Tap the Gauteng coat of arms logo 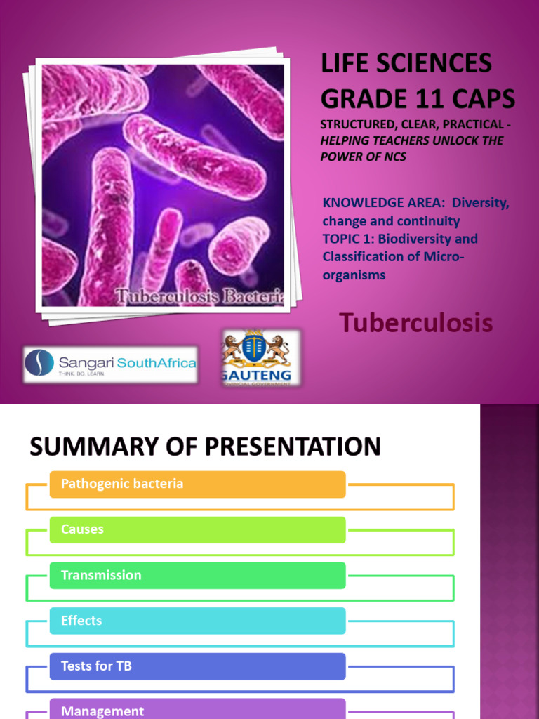[261, 357]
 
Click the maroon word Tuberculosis [415, 323]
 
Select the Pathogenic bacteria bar [197, 484]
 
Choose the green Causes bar [197, 529]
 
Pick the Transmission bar [197, 575]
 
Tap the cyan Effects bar [197, 621]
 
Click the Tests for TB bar [197, 666]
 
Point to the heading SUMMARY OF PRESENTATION [205, 447]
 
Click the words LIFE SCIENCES [406, 64]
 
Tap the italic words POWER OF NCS [363, 157]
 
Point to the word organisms [354, 275]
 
